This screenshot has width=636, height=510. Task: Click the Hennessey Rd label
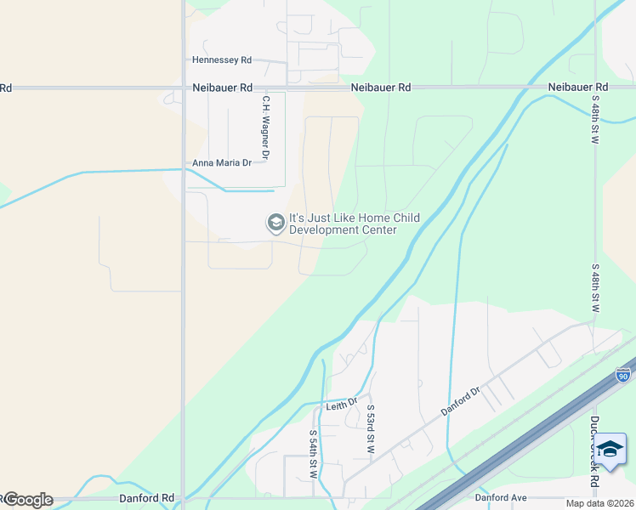coord(222,60)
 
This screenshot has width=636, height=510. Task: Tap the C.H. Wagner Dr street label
coord(265,127)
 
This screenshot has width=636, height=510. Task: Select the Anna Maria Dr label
coord(223,163)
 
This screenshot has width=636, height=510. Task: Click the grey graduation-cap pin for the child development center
coord(275,224)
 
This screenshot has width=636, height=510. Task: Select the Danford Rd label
coord(146,498)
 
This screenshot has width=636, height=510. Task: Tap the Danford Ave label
coord(501,497)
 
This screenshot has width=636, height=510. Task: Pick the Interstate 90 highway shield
coord(623,375)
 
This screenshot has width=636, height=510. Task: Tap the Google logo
coord(27,500)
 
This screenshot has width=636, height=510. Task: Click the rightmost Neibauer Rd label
coord(578,88)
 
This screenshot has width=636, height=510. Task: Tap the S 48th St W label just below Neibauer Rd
coord(595,119)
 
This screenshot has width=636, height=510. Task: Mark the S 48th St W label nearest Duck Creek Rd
coord(595,289)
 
